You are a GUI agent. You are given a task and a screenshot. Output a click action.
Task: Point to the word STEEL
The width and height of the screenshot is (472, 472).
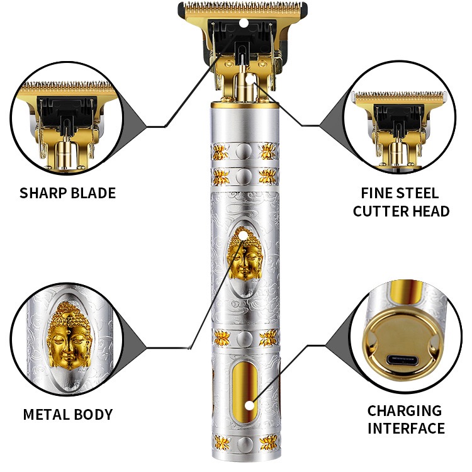click(420, 193)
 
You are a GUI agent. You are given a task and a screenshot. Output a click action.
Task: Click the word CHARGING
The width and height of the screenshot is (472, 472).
click(405, 411)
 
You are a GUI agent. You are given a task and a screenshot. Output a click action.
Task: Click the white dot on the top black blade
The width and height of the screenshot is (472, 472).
click(243, 23)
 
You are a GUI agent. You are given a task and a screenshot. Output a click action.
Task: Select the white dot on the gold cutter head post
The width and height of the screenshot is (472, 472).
click(250, 80)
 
